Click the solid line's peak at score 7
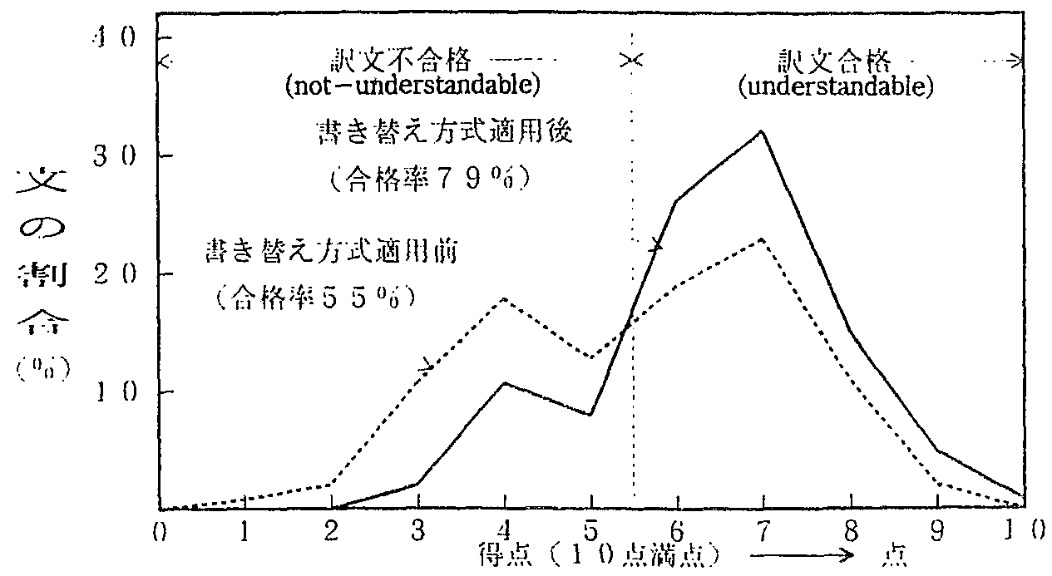(762, 130)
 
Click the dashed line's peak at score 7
(762, 239)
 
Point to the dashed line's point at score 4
(505, 297)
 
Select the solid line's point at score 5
(590, 414)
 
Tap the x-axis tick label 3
(417, 529)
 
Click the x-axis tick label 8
(850, 529)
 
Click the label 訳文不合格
(400, 62)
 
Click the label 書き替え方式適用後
(444, 132)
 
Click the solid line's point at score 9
(936, 451)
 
